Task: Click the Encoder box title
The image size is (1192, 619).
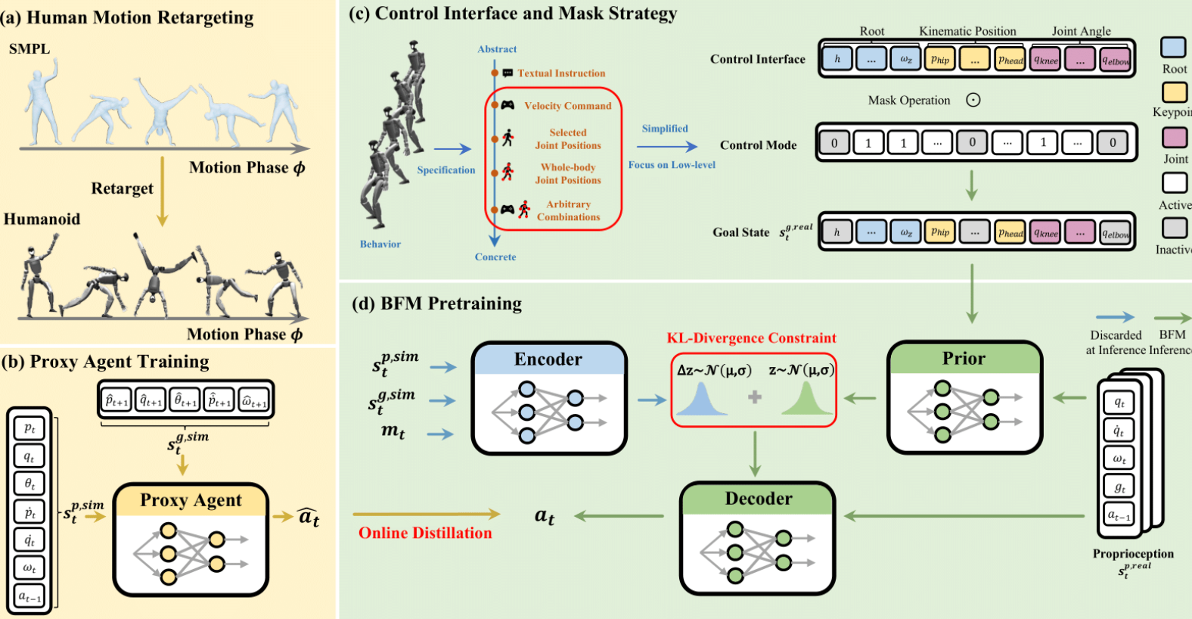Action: pos(548,359)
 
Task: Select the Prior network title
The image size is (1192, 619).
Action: pos(964,359)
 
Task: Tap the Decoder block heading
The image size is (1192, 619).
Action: pos(759,499)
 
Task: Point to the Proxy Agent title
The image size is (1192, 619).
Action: pos(191,500)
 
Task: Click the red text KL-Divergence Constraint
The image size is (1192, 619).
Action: pos(751,338)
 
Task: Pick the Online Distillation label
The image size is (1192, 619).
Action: pos(425,533)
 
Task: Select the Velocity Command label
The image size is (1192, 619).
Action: pos(567,106)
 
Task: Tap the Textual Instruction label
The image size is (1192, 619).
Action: pos(561,73)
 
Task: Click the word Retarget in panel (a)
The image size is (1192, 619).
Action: pos(122,188)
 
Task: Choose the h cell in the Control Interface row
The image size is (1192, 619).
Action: pos(837,59)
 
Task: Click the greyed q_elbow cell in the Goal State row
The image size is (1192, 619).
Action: pos(1115,232)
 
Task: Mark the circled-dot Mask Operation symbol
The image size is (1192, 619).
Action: pos(973,100)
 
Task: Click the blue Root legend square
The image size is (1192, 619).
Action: pos(1173,47)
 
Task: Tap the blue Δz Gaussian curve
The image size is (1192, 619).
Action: pos(701,400)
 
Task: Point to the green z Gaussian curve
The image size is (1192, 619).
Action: pos(806,400)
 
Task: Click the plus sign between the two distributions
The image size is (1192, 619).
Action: pos(755,397)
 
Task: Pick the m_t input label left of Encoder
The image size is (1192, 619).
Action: pos(393,431)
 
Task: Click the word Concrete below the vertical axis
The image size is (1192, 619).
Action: pos(495,257)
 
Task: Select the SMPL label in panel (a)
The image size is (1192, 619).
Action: pos(29,49)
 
